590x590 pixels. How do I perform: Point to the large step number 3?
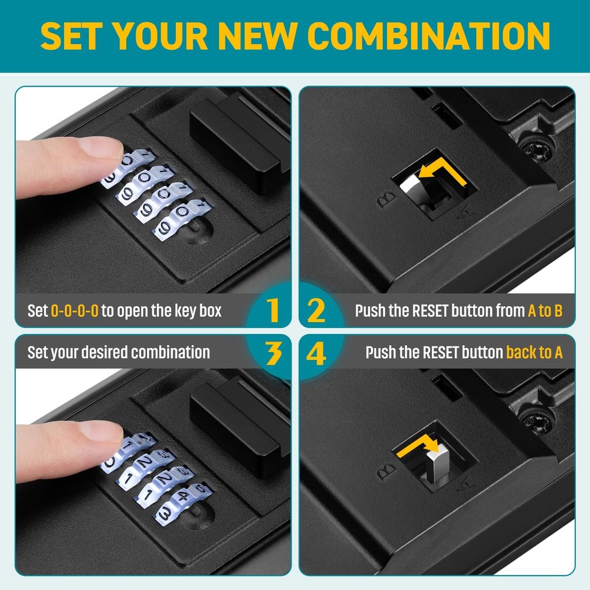pyautogui.click(x=272, y=353)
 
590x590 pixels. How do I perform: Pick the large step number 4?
pyautogui.click(x=317, y=353)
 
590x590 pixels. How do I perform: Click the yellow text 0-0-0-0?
pyautogui.click(x=74, y=311)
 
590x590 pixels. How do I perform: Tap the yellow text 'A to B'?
pyautogui.click(x=545, y=311)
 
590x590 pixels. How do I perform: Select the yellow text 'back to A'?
pyautogui.click(x=534, y=353)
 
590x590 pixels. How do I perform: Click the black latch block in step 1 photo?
pyautogui.click(x=236, y=145)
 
